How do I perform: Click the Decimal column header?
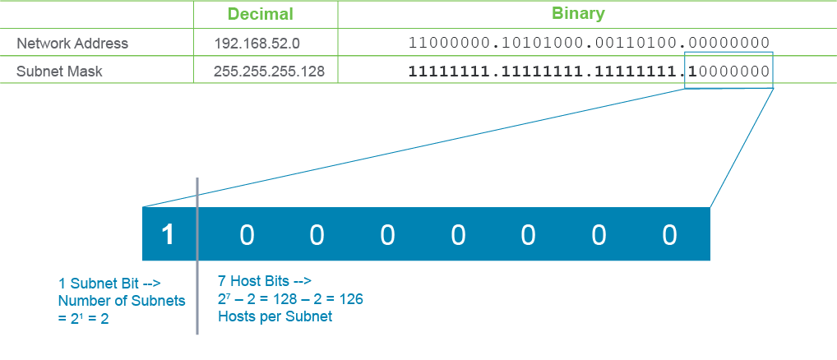pos(261,14)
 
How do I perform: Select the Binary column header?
pos(579,13)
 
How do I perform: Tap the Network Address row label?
pos(72,44)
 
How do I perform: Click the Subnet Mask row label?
pos(59,72)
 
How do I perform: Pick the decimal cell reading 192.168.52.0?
pos(257,44)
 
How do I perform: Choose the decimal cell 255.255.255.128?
pos(269,72)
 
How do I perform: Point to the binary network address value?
pos(590,44)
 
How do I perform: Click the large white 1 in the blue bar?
pos(169,235)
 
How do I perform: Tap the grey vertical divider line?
pos(197,256)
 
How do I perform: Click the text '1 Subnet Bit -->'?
pos(109,283)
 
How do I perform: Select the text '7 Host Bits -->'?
pos(265,280)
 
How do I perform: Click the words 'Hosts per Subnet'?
pos(275,316)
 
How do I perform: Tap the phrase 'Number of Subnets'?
pos(122,301)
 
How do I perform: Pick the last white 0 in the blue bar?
pos(669,235)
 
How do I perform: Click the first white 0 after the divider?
pos(246,235)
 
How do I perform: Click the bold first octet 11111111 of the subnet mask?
pos(449,72)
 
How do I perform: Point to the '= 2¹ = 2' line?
pos(83,320)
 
